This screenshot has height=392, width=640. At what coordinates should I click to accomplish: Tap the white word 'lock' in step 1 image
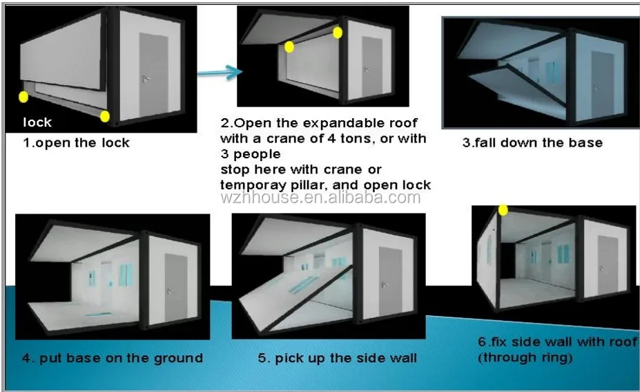click(37, 122)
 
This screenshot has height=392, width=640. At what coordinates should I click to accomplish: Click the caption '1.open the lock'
click(76, 143)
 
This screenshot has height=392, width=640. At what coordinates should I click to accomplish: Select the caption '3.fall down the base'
click(532, 143)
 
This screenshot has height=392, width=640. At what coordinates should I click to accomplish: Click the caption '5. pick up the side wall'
click(337, 358)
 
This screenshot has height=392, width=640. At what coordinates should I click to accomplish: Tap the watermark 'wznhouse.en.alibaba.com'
click(320, 198)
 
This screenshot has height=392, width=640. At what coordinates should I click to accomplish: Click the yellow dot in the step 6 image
click(503, 209)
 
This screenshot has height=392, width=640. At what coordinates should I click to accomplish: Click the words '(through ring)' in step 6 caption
click(526, 357)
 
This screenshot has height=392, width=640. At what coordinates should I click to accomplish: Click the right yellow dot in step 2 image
click(338, 32)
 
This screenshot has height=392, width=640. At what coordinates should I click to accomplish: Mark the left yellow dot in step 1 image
click(23, 97)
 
